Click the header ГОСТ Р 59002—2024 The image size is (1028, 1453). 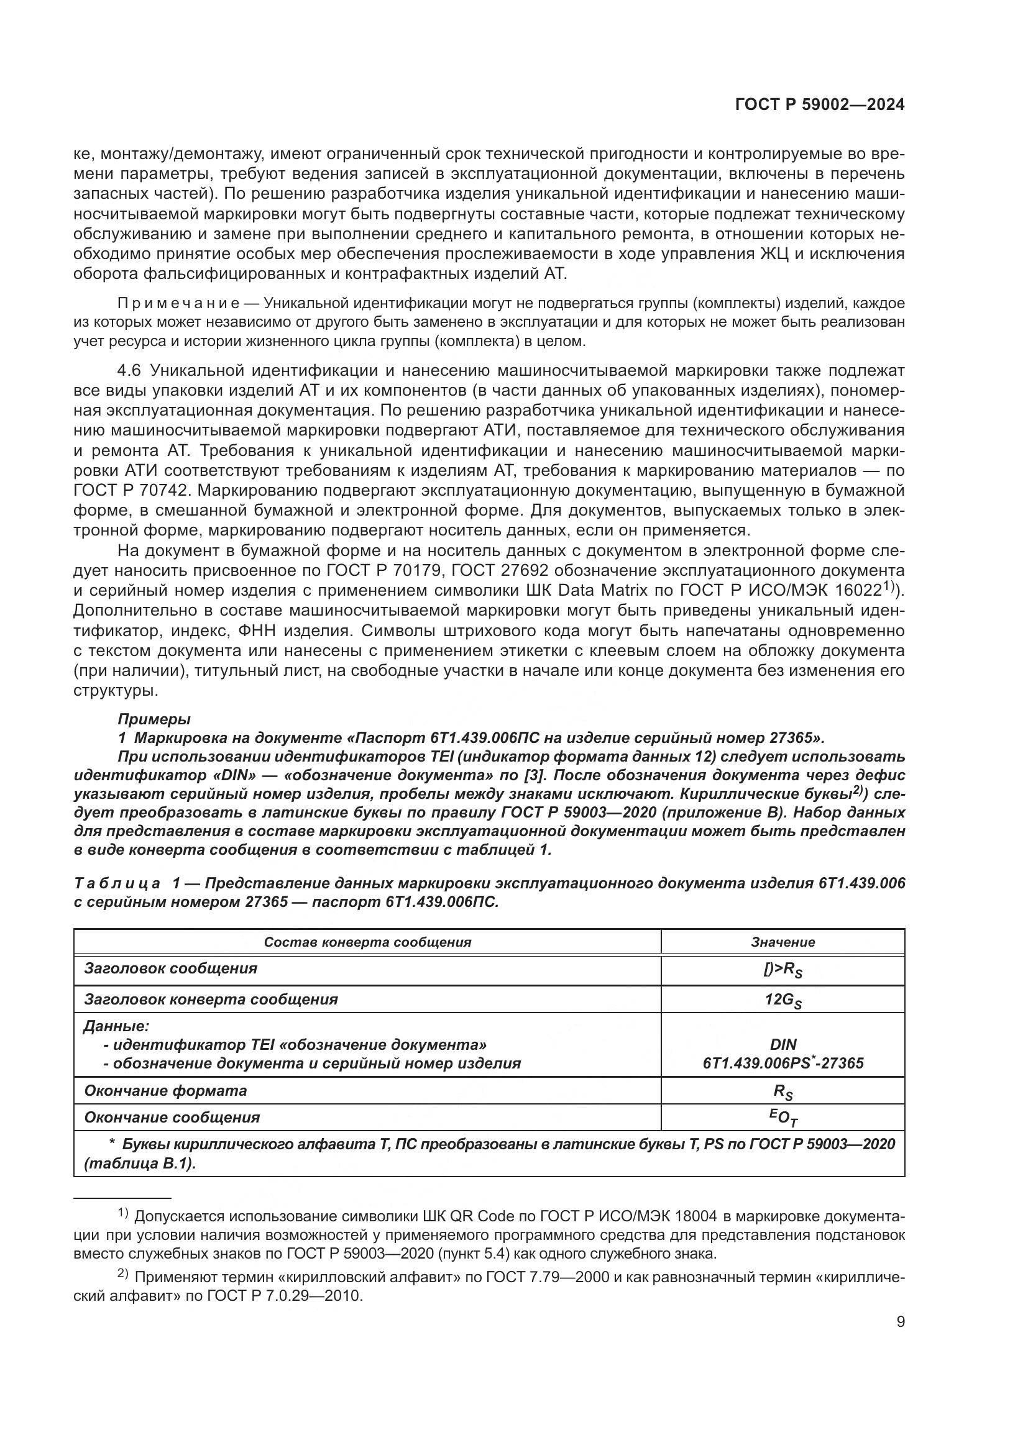tap(819, 105)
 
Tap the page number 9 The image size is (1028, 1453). tap(900, 1322)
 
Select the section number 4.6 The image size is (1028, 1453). tap(131, 370)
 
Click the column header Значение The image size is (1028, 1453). tap(782, 942)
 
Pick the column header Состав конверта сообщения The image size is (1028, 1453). tap(367, 942)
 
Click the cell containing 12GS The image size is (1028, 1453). tap(782, 1001)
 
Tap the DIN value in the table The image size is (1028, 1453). tap(783, 1045)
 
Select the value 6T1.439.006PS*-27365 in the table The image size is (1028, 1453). tap(782, 1063)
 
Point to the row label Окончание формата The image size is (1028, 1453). tap(165, 1091)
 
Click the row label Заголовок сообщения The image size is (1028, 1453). tap(170, 969)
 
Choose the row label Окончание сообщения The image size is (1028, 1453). tap(172, 1118)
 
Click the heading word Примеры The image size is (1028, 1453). tap(154, 719)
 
